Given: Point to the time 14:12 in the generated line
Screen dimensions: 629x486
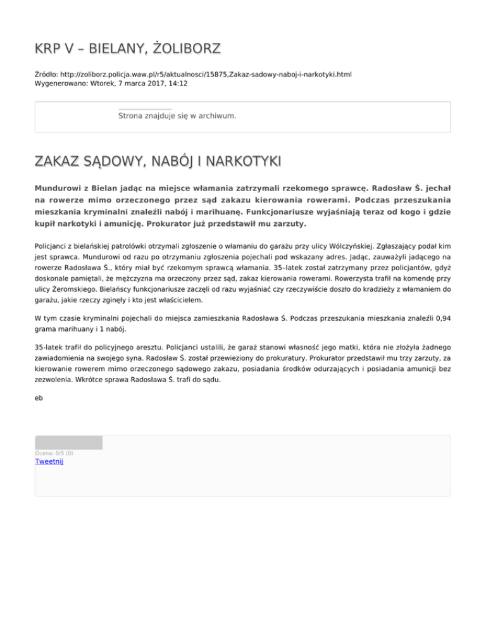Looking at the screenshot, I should coord(177,83).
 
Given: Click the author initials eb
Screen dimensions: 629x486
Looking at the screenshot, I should coord(39,398).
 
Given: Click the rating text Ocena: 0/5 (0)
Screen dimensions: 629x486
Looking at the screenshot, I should coord(54,452).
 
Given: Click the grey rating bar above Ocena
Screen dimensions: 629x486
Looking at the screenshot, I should coord(68,442).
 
